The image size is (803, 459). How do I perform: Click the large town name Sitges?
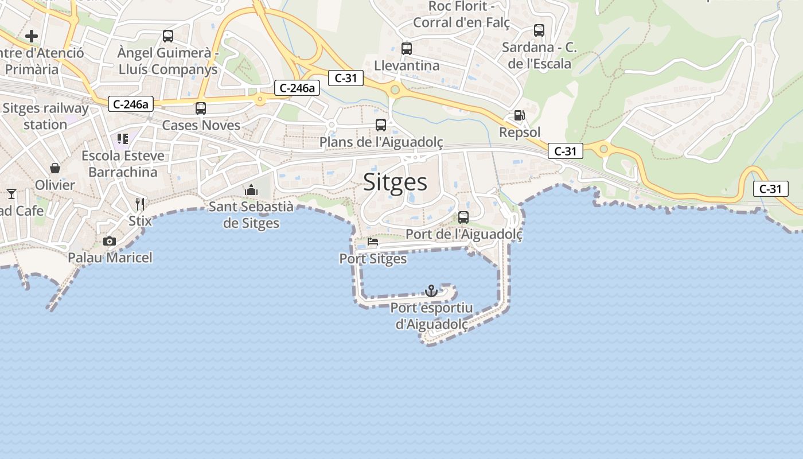[x=395, y=182]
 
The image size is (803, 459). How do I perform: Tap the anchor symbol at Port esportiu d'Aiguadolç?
[x=431, y=291]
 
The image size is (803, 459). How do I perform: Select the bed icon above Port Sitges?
[x=373, y=242]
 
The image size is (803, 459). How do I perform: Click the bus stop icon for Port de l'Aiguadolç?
[x=463, y=217]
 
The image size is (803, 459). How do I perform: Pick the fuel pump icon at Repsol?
[x=519, y=115]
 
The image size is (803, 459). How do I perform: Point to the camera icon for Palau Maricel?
[x=110, y=241]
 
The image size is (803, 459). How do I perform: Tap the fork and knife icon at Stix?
[x=140, y=204]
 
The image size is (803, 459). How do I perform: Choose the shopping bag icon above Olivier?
[x=55, y=168]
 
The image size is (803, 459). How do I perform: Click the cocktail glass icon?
[x=11, y=193]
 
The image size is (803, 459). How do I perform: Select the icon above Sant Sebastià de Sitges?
[x=251, y=190]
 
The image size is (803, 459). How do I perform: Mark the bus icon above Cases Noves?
[x=201, y=108]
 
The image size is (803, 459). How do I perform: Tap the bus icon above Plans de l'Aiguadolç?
[x=381, y=125]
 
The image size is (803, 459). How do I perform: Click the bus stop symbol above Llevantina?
[x=407, y=49]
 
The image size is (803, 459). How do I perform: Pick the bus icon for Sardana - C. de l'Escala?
[x=539, y=30]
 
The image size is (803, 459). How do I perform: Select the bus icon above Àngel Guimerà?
[x=168, y=36]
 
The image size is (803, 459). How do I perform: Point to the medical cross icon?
[x=32, y=36]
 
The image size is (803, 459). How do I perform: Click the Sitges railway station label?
[x=45, y=116]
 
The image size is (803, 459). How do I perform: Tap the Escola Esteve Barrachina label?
[x=123, y=164]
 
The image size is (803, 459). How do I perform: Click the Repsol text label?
[x=520, y=133]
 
